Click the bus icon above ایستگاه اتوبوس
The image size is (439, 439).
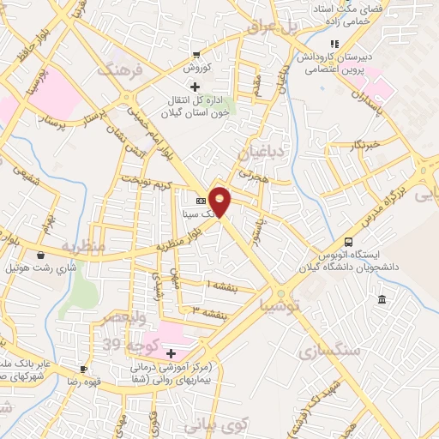coord(348,242)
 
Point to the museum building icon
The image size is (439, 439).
coord(382,298)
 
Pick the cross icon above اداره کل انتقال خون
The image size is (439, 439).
coord(195,86)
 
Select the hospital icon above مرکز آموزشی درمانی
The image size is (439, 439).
coord(171,353)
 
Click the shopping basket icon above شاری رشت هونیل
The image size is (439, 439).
coord(40,255)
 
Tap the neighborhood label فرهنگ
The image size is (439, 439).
coord(117,69)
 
